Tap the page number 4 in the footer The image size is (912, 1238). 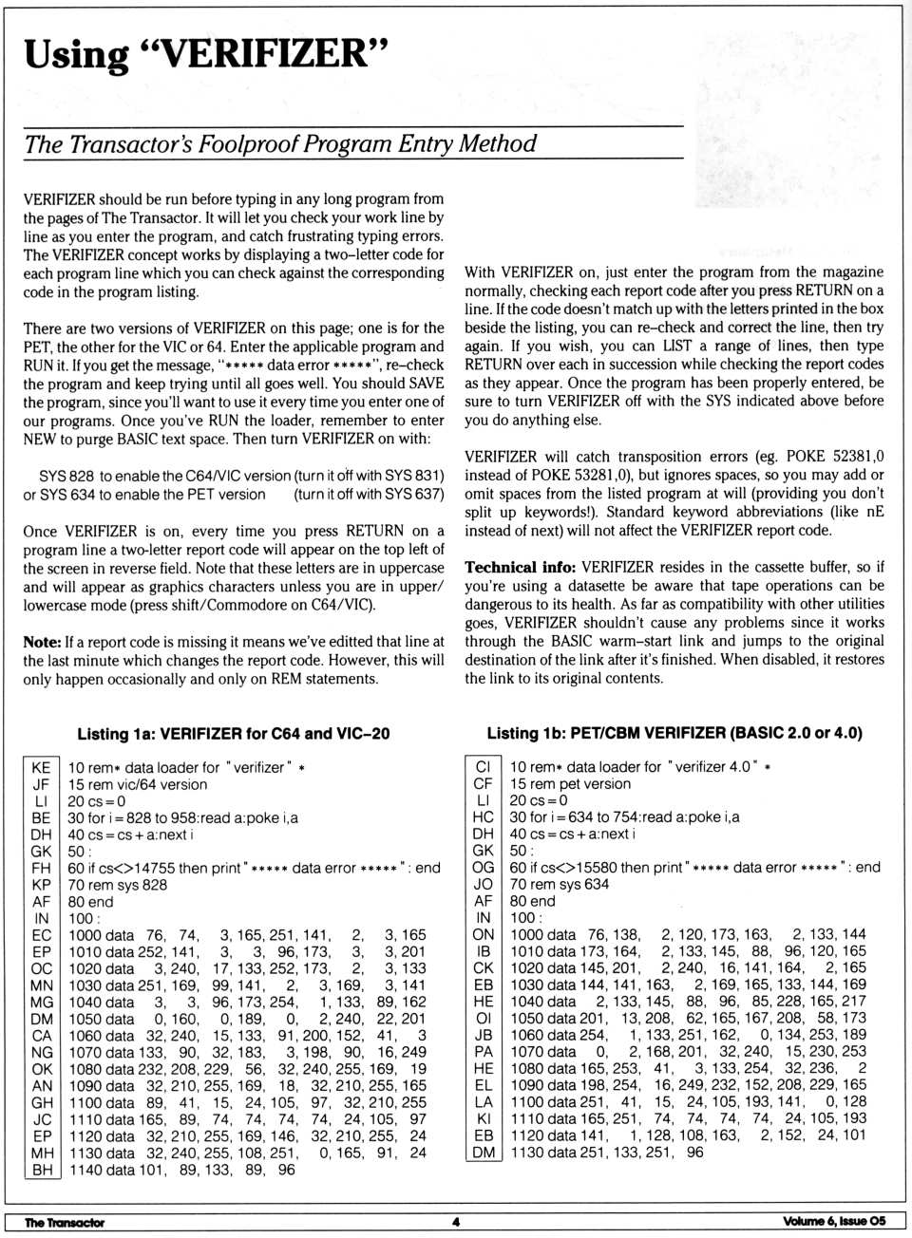pos(456,1222)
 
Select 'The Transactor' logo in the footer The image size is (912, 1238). pos(65,1222)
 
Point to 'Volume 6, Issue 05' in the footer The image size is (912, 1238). pos(834,1221)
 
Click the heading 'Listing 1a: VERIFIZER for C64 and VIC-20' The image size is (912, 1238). pos(233,734)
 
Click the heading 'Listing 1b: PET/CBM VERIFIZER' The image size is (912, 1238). pos(674,733)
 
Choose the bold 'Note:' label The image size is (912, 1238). pos(42,642)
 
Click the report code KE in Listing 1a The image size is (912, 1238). pos(41,767)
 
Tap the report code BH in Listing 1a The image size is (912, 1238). pos(41,1170)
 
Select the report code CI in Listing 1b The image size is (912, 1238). pos(483,766)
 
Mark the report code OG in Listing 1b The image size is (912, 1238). pos(483,867)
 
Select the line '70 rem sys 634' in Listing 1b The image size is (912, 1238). pos(559,884)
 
